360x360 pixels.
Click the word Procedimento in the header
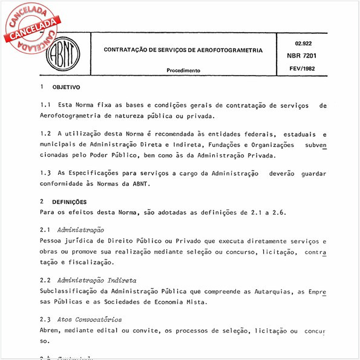(183, 70)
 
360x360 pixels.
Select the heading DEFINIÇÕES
(69, 202)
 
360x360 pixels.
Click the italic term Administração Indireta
(97, 281)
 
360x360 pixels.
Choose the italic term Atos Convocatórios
(90, 319)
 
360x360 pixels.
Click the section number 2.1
(45, 231)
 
